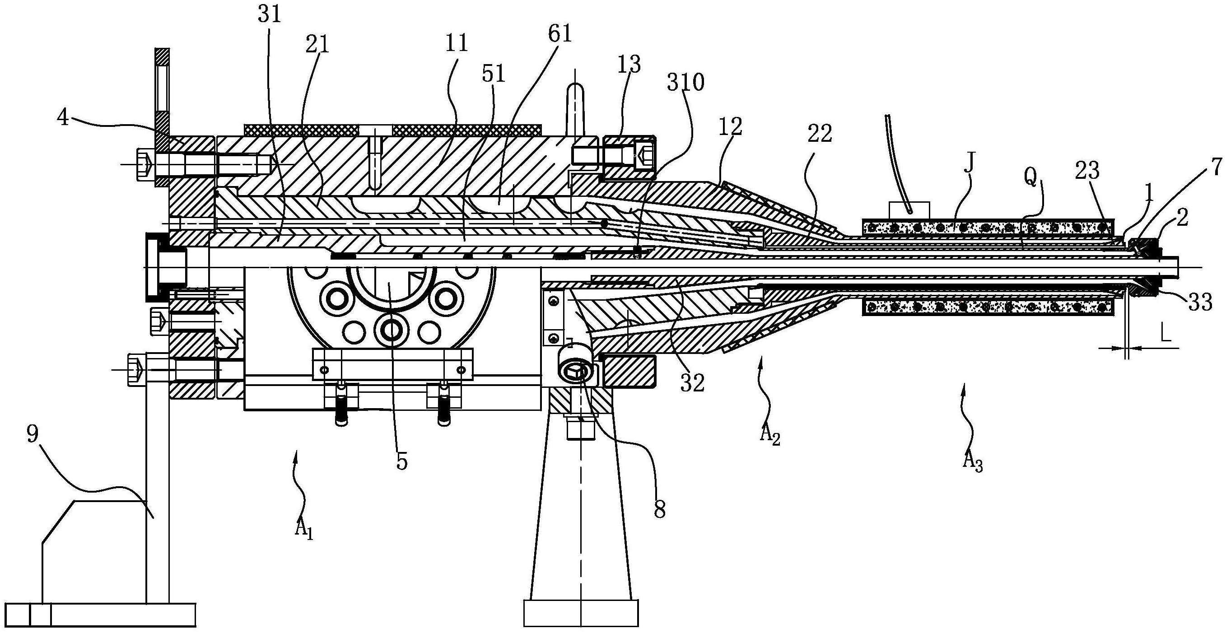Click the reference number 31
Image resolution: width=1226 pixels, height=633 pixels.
coord(270,15)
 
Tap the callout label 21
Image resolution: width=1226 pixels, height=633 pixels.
coord(318,45)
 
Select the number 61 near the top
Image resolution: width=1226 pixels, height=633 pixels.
coord(559,34)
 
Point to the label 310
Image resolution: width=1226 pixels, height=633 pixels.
coord(685,83)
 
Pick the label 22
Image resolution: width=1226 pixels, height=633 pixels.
coord(820,135)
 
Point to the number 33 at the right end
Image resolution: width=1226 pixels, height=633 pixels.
coord(1199,303)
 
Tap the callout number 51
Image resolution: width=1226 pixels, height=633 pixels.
coord(493,74)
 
